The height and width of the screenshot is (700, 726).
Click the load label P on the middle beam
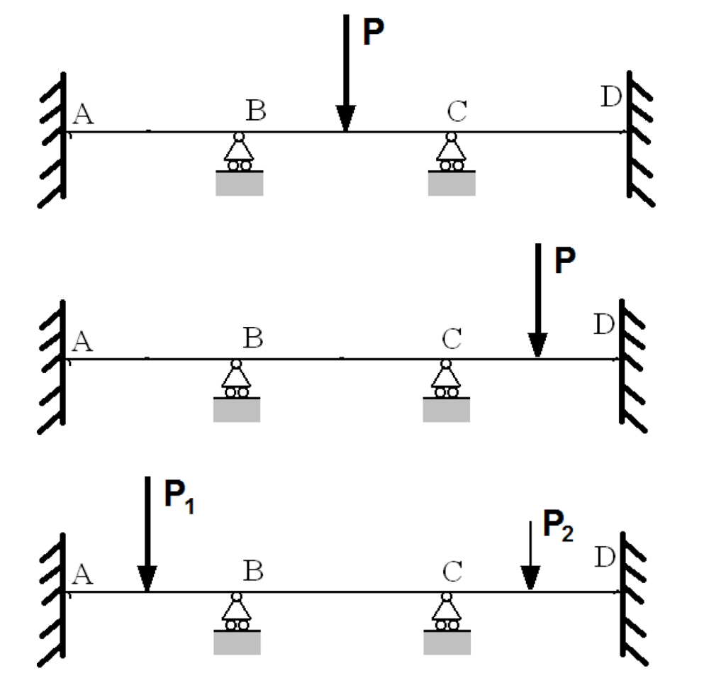[565, 261]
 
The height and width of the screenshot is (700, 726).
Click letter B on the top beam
[256, 111]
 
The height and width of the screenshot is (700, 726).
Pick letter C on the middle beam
[452, 340]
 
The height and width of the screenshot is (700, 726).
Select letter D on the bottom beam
[605, 557]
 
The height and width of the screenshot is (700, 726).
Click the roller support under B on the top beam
[240, 152]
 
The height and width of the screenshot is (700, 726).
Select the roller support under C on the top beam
[451, 152]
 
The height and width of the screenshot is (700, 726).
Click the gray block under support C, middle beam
[447, 410]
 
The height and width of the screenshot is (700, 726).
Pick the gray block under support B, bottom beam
[237, 642]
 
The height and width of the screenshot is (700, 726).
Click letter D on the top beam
[610, 97]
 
